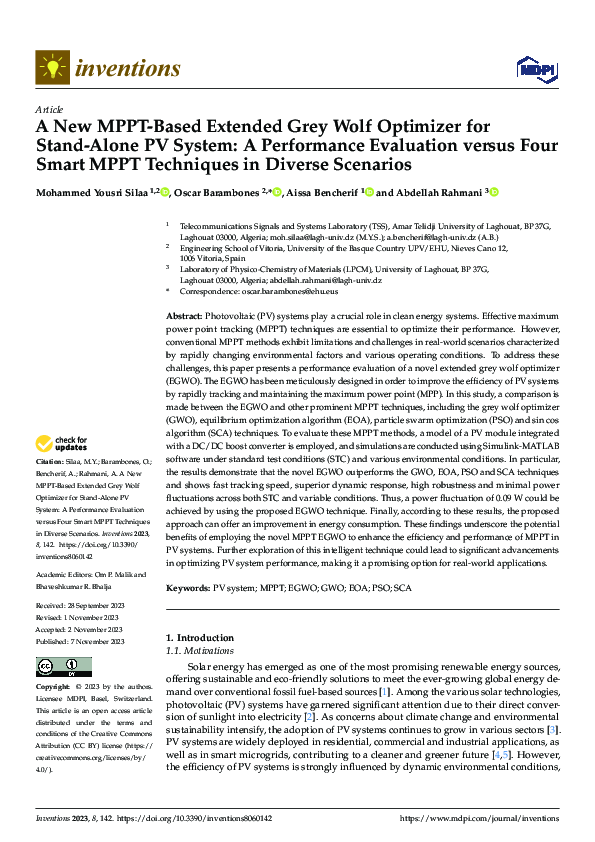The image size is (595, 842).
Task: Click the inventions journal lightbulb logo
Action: pyautogui.click(x=49, y=68)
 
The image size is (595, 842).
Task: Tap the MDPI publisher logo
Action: pyautogui.click(x=530, y=68)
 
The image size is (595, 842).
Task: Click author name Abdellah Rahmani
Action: pyautogui.click(x=434, y=191)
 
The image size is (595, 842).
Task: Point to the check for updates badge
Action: pyautogui.click(x=61, y=443)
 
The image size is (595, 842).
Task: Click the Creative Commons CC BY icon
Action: pyautogui.click(x=64, y=666)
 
